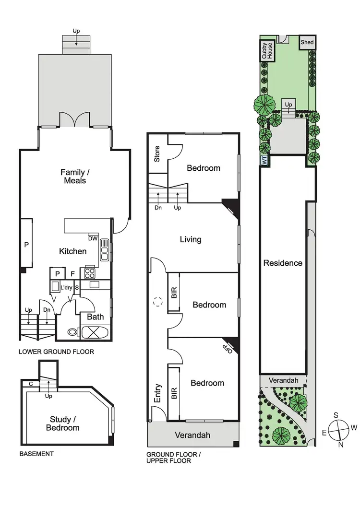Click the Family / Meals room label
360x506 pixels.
pyautogui.click(x=73, y=176)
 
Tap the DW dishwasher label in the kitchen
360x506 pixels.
pyautogui.click(x=93, y=238)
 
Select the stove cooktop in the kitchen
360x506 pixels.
pyautogui.click(x=90, y=273)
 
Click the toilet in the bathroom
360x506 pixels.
pyautogui.click(x=72, y=331)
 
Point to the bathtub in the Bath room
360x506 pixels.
pyautogui.click(x=96, y=332)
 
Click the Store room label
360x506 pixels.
pyautogui.click(x=157, y=154)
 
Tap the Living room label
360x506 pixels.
pyautogui.click(x=190, y=239)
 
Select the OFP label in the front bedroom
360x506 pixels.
pyautogui.click(x=229, y=347)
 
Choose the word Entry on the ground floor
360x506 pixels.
pyautogui.click(x=158, y=393)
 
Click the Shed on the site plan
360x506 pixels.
pyautogui.click(x=307, y=43)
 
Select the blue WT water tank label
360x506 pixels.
pyautogui.click(x=264, y=161)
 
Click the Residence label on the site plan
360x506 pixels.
pyautogui.click(x=283, y=263)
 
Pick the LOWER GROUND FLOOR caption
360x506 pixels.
pyautogui.click(x=56, y=352)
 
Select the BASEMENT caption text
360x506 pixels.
pyautogui.click(x=36, y=453)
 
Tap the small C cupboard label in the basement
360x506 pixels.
pyautogui.click(x=30, y=384)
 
